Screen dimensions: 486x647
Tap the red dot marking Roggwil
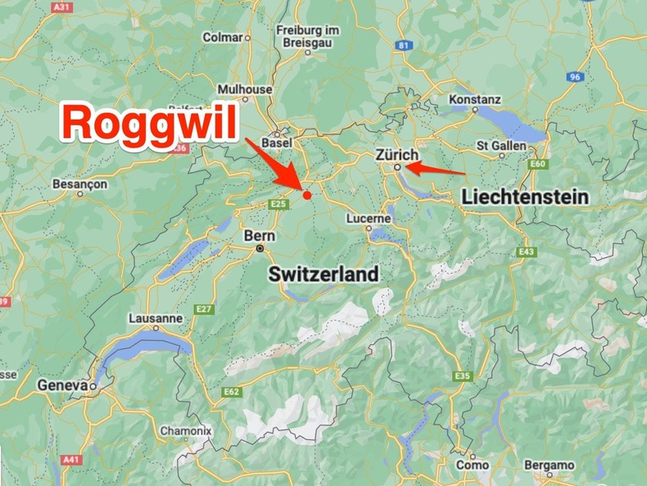coord(307,195)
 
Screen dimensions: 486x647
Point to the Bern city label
coord(254,235)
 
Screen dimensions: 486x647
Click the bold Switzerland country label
coord(324,274)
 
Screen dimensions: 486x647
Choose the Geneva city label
coord(62,384)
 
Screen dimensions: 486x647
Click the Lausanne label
coord(156,318)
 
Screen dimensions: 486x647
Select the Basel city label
coord(277,143)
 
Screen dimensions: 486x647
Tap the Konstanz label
coord(475,100)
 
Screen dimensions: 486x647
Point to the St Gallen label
coord(501,145)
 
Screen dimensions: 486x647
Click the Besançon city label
coord(79,184)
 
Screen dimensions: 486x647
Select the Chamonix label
coord(185,430)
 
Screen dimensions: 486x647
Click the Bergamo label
coord(549,466)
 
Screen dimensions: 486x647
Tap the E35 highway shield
coord(463,375)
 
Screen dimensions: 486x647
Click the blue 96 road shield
coord(576,77)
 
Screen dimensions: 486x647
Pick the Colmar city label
coord(224,37)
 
